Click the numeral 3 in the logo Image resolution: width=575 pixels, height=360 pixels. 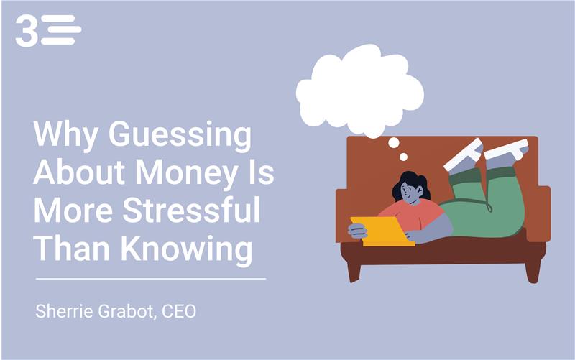pyautogui.click(x=27, y=32)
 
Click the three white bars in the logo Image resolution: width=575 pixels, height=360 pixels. pyautogui.click(x=60, y=30)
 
